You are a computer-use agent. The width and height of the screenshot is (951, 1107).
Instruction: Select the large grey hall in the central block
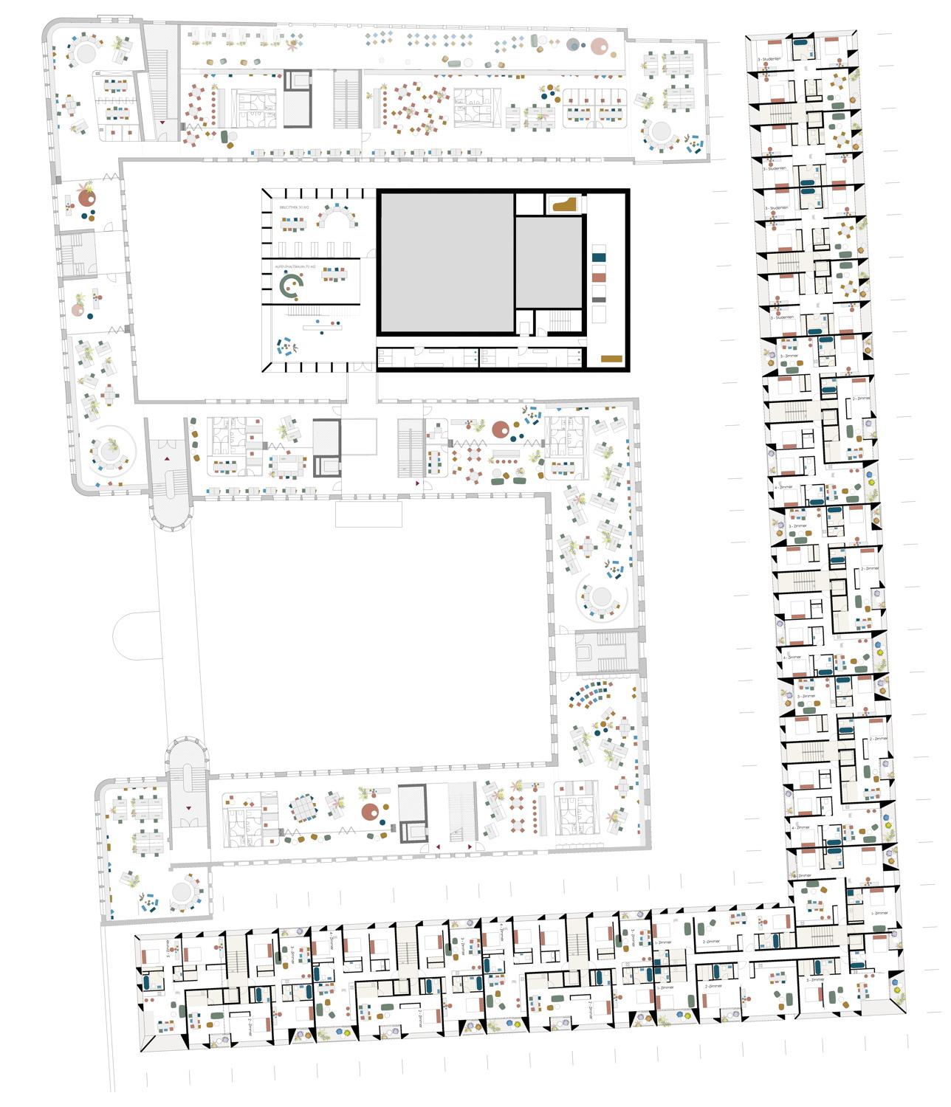tap(446, 263)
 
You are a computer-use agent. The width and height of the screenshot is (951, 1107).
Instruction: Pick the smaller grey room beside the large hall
tap(548, 262)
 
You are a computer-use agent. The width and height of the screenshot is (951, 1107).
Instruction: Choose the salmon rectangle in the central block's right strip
tap(599, 276)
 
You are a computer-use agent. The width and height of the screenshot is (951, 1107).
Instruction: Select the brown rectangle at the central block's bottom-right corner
tap(612, 359)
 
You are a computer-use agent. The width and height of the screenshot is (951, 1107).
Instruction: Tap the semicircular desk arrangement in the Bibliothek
tap(337, 217)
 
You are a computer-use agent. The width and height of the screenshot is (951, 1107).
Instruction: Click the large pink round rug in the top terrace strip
tap(602, 46)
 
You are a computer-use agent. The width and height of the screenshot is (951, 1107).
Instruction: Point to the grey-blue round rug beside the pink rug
tap(574, 46)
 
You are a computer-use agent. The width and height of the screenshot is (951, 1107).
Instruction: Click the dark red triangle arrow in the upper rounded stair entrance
tap(168, 460)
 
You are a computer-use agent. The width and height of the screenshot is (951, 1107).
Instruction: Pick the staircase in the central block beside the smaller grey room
tap(560, 321)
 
